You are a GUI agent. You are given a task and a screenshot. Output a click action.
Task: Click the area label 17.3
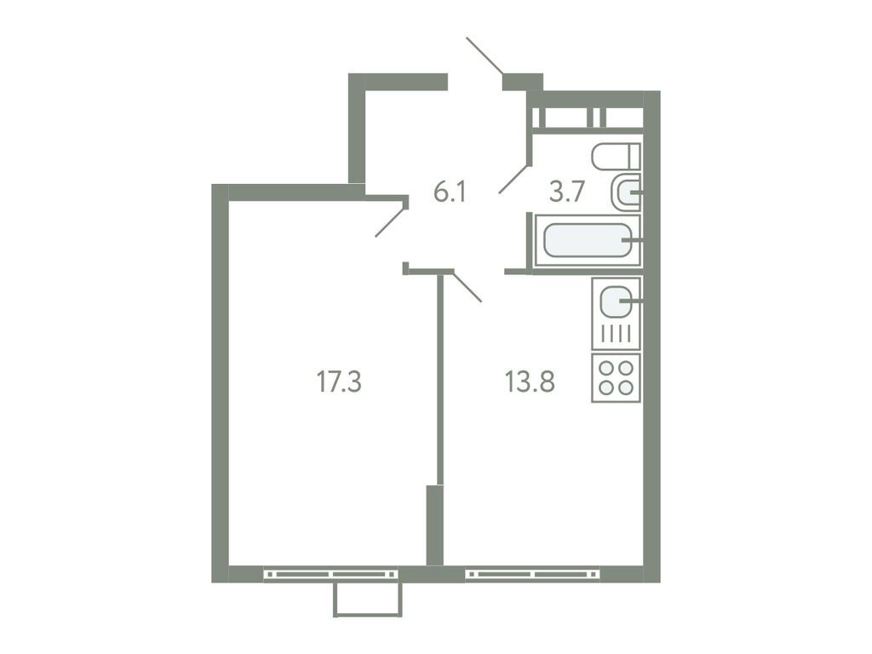click(x=339, y=382)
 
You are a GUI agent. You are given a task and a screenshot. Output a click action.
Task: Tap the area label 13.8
click(x=530, y=382)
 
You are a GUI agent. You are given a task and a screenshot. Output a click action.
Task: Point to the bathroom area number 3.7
click(x=565, y=192)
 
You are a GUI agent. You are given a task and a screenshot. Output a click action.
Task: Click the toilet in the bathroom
click(x=615, y=156)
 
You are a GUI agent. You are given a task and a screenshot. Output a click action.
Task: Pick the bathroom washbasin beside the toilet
click(x=626, y=193)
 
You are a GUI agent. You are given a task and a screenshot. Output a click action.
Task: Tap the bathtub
click(x=586, y=241)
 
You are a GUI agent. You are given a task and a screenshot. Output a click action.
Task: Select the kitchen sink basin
click(x=615, y=301)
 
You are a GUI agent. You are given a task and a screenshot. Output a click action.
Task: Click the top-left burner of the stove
click(x=606, y=369)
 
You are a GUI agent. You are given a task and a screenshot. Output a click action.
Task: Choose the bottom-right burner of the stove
click(x=626, y=387)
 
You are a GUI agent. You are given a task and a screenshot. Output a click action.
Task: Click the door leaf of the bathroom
click(x=513, y=180)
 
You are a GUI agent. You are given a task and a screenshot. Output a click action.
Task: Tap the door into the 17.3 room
click(x=390, y=221)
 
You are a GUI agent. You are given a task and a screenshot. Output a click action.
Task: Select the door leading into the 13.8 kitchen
click(x=468, y=287)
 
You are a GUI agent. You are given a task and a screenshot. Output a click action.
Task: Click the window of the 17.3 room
click(x=330, y=575)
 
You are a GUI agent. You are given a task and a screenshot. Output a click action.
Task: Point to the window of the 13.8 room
click(x=532, y=575)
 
